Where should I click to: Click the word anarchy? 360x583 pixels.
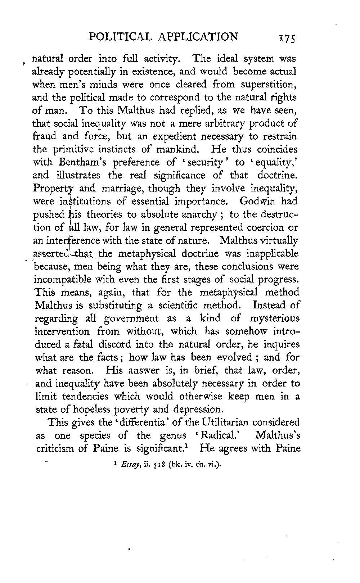(x=198, y=215)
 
